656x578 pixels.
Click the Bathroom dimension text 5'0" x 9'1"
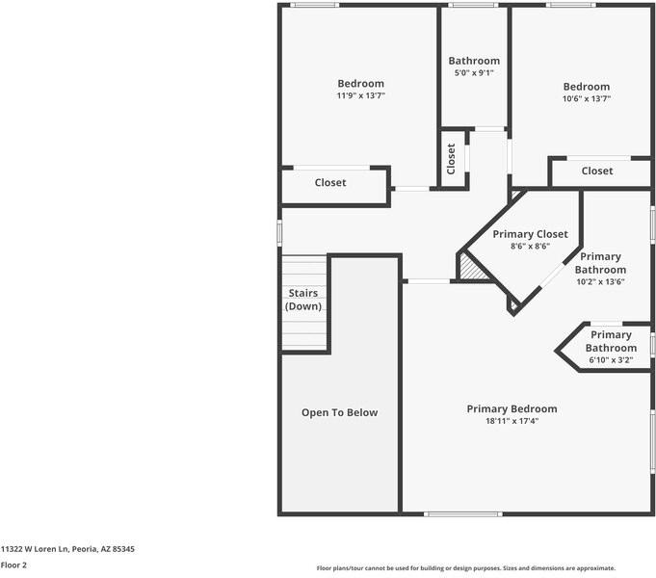[x=474, y=73]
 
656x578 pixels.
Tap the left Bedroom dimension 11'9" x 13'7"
[x=360, y=96]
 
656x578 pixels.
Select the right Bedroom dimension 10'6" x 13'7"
[x=586, y=98]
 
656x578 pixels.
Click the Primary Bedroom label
[x=512, y=408]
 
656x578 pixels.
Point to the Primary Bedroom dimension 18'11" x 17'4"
[x=512, y=421]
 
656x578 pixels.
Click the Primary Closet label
[x=530, y=234]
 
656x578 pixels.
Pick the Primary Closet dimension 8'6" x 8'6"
[x=530, y=247]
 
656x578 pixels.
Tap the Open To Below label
[x=339, y=412]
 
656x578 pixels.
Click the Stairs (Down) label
[x=302, y=299]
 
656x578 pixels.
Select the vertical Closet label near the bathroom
[x=450, y=159]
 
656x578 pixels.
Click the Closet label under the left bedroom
[x=330, y=182]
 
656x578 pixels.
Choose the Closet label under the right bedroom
[x=596, y=171]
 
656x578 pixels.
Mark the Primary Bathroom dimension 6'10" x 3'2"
[x=611, y=360]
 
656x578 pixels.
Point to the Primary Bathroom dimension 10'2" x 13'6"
[x=600, y=282]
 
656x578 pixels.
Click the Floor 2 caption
[x=13, y=565]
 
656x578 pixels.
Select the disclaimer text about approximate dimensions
[x=465, y=568]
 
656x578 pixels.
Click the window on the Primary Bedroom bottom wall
[x=462, y=513]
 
